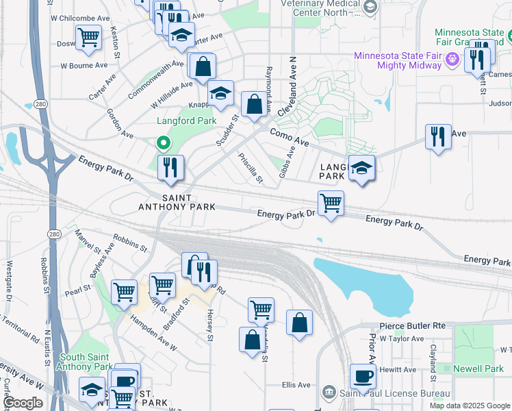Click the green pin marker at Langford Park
coord(163,143)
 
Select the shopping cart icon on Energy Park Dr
coord(331,203)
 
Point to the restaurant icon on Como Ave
coord(438,136)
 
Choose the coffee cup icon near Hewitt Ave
coord(363,376)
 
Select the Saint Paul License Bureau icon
coord(329,391)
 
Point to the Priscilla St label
coord(251,169)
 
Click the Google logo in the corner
coord(23,403)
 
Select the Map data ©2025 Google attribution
coord(470,406)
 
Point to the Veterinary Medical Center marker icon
coord(370,7)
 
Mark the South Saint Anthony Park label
coord(86,362)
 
